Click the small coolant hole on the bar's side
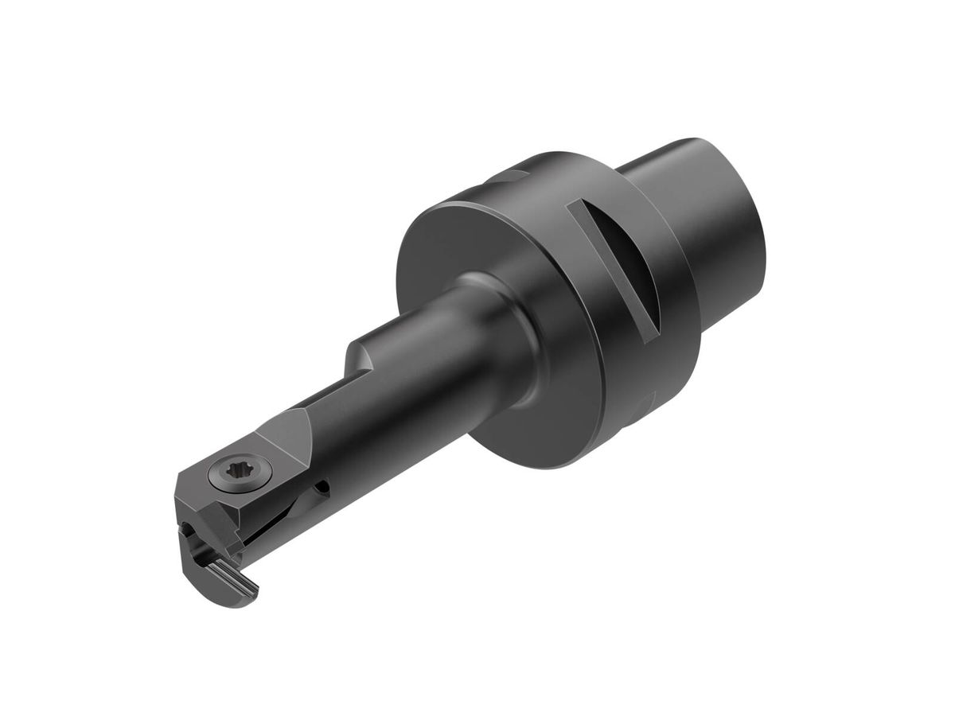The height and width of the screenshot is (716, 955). pyautogui.click(x=322, y=487)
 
